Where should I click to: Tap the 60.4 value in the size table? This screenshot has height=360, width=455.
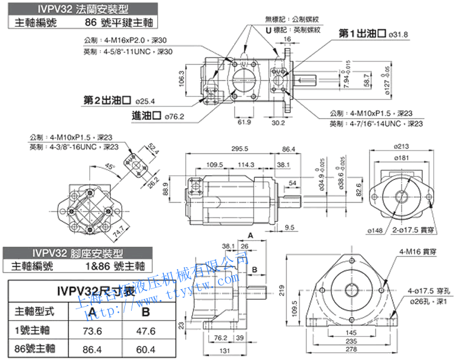(146, 349)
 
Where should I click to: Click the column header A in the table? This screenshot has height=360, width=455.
(93, 312)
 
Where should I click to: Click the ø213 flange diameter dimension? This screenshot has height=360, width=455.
(401, 146)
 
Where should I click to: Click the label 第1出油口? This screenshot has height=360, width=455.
(362, 34)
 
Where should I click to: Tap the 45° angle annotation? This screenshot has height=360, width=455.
(110, 166)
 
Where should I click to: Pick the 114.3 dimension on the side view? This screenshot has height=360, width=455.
(246, 165)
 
